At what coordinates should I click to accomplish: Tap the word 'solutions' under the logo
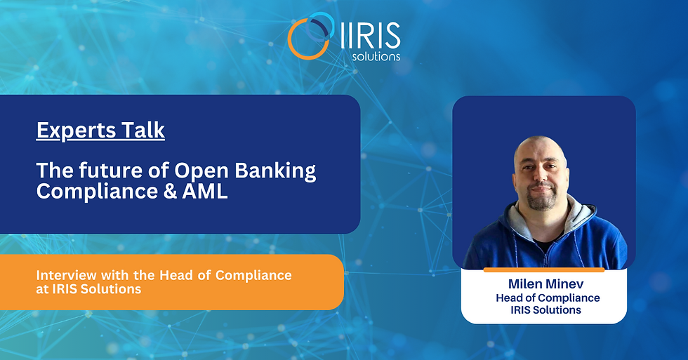coord(376,56)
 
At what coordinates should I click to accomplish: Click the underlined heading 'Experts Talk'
coord(100,131)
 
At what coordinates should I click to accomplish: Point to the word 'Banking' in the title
coord(275,171)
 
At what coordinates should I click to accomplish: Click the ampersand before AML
coord(170,192)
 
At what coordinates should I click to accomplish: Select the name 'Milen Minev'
coord(546,284)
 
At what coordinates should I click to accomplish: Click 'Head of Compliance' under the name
coord(548,298)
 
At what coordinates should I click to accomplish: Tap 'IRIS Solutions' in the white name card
coord(545,310)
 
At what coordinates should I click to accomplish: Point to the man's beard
coord(542,199)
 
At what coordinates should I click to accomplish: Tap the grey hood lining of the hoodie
coord(580,215)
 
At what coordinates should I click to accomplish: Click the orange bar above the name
coord(544,269)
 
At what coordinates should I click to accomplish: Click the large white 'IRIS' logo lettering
coord(371,36)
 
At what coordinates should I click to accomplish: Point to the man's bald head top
coord(539,145)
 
